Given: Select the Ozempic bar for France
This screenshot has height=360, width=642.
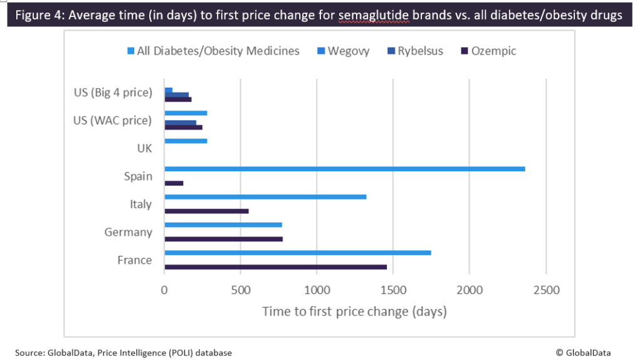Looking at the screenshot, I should coord(275,267).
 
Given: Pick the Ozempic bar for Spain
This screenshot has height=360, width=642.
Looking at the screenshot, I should coord(174,183).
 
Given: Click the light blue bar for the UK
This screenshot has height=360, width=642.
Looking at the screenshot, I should coord(186,141).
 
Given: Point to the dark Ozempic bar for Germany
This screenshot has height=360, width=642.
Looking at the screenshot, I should coord(223,239).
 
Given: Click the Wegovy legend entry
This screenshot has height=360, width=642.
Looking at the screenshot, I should coord(347,51).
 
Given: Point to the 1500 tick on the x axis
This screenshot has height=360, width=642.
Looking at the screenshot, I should coord(393,290).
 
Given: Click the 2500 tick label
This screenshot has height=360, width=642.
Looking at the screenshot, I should coord(545,290).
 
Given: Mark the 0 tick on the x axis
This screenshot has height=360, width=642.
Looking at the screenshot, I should coord(164,290).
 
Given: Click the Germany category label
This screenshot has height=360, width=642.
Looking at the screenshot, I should coord(128,232).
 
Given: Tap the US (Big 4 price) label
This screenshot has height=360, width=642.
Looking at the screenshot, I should coord(113,93).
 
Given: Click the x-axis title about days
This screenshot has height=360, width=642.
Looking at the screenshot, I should coord(354,311).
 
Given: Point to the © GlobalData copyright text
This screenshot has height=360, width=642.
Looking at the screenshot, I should coord(583,353).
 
